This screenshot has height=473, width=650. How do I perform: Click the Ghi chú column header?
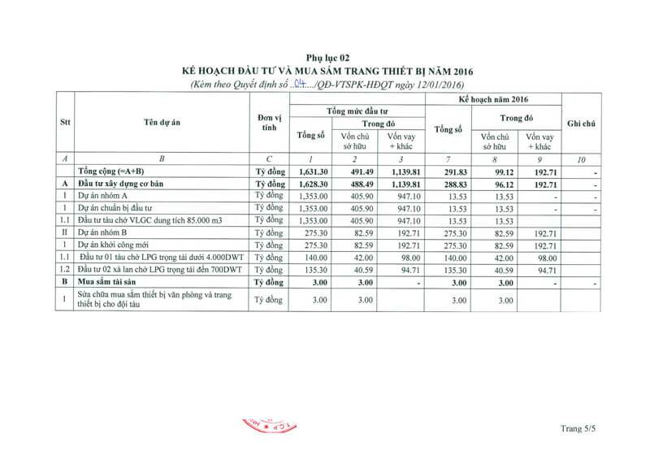click(581, 123)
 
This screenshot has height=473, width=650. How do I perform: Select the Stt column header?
click(64, 123)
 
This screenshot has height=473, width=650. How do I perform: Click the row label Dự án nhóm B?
click(106, 232)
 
